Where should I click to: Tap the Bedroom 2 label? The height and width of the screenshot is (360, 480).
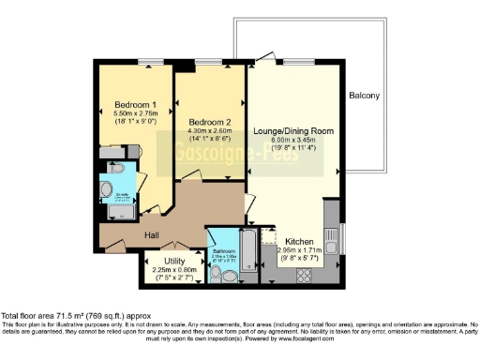coord(209,123)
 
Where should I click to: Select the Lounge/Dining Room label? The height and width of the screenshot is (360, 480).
coord(292,130)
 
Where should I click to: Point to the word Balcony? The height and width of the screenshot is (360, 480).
coord(365,97)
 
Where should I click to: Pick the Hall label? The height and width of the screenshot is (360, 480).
coord(153,236)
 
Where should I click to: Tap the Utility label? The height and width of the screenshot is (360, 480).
coord(174,261)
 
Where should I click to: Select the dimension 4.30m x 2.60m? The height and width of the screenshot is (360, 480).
coord(209,132)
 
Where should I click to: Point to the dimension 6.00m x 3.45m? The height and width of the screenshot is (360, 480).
coord(292,140)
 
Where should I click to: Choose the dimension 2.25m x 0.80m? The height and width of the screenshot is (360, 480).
coord(175,270)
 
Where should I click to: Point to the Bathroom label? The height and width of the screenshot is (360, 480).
coord(222,252)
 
